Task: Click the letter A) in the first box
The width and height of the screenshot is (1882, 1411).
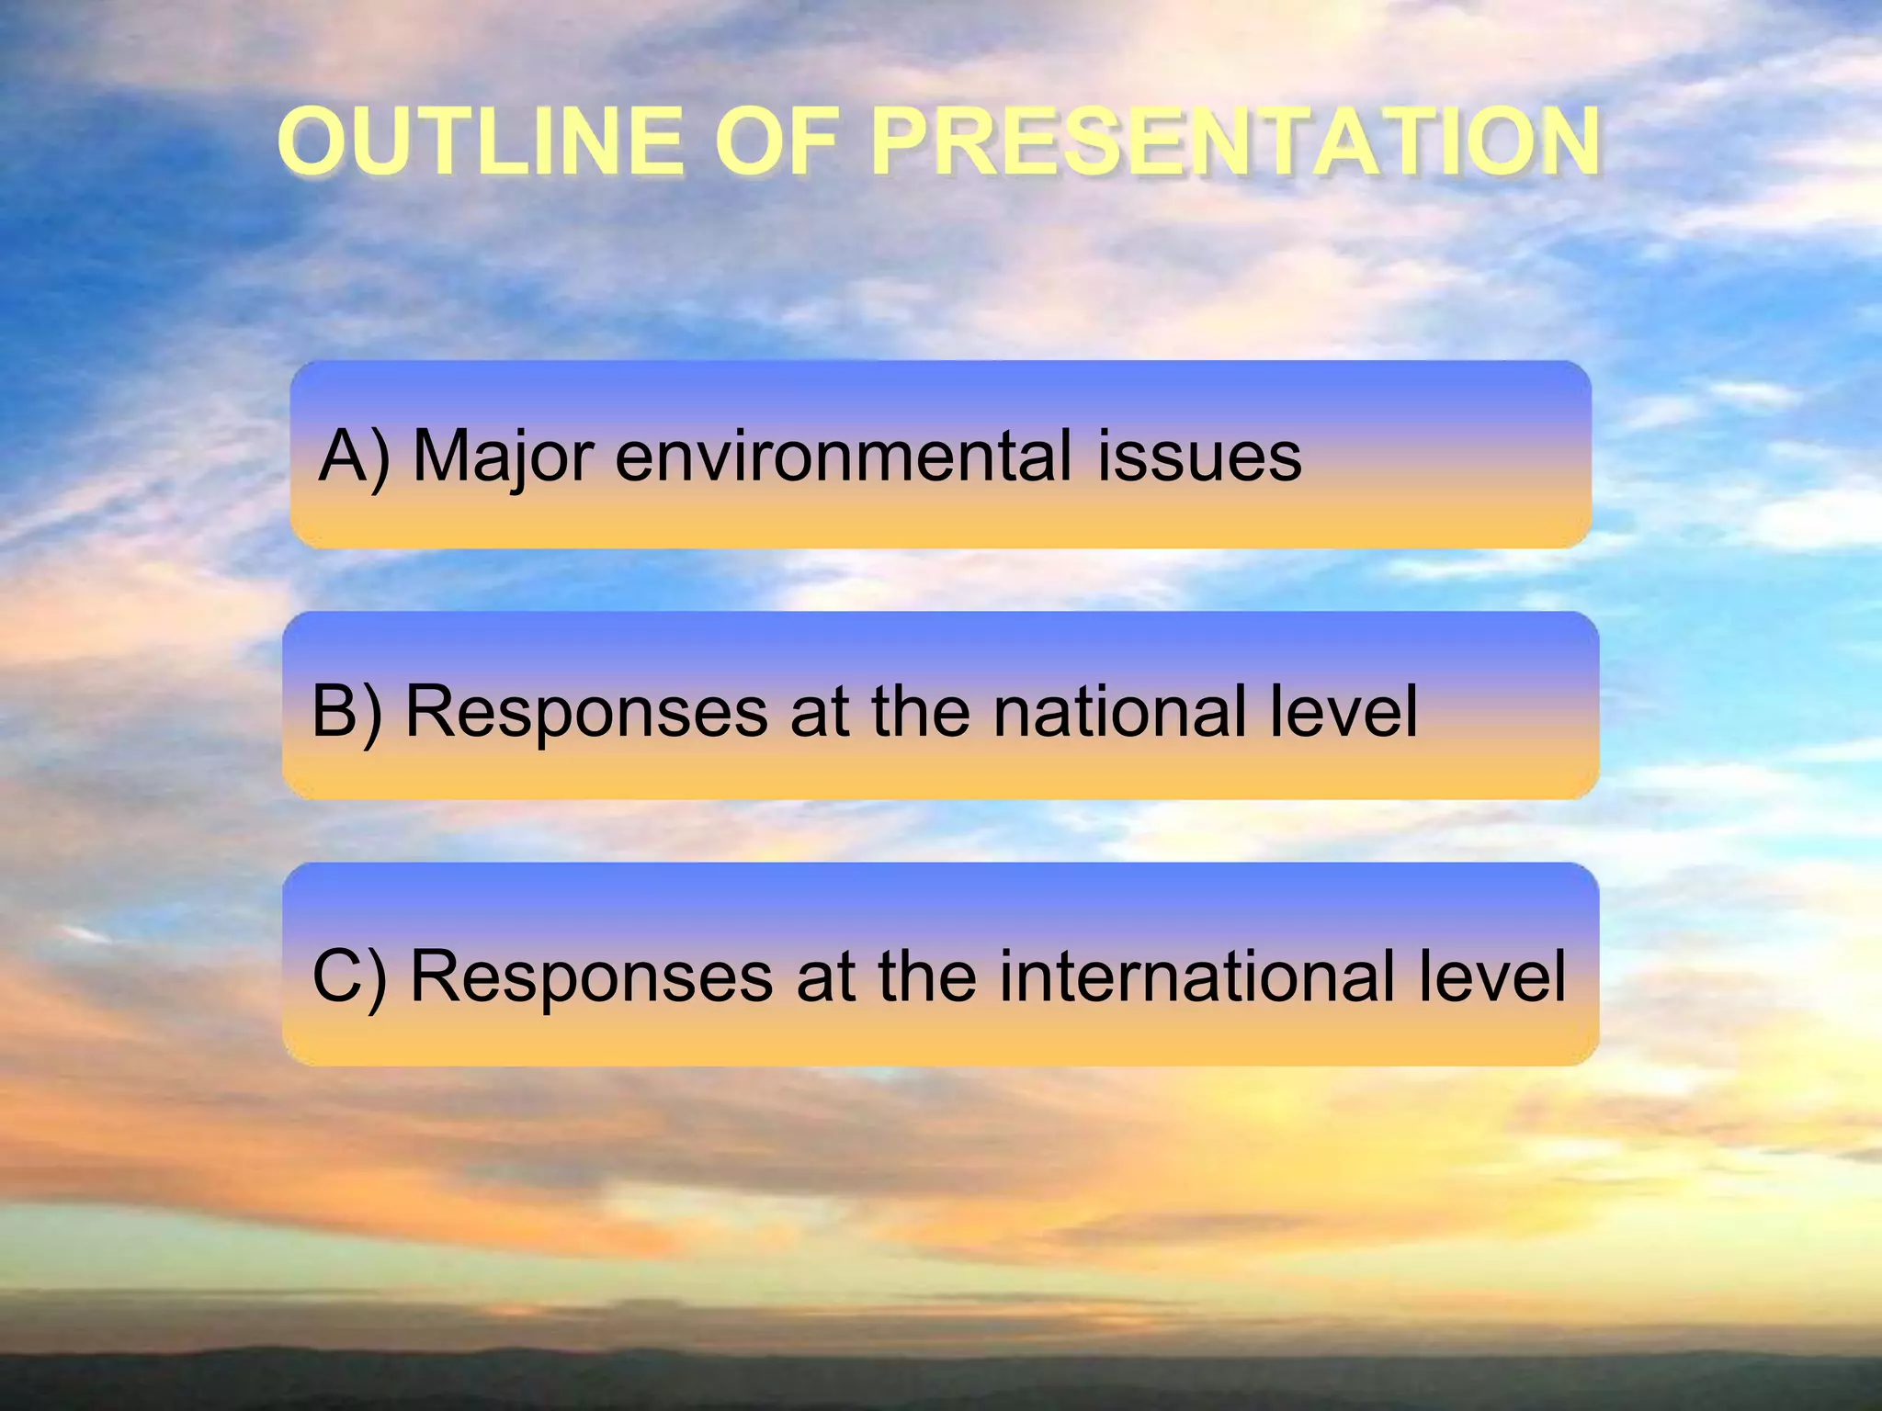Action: (x=355, y=457)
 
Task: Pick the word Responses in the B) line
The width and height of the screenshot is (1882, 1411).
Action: (x=586, y=711)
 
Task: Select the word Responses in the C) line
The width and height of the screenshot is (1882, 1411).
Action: (x=591, y=976)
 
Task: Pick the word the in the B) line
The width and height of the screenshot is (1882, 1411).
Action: (x=921, y=711)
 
